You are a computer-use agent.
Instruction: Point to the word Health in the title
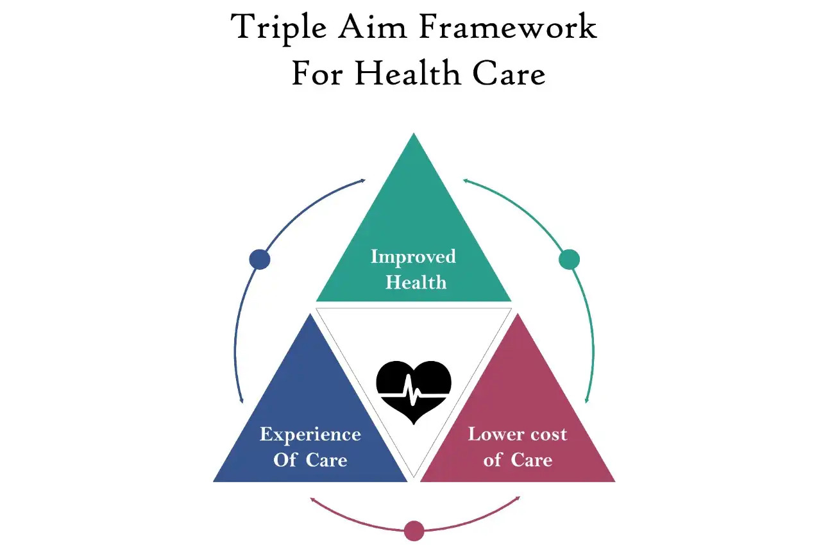407,72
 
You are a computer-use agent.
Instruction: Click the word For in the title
317,73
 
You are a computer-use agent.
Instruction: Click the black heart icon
414,392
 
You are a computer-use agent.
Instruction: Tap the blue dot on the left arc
260,259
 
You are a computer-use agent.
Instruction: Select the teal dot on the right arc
569,259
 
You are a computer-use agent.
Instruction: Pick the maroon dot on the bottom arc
414,530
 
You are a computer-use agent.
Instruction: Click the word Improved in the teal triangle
414,257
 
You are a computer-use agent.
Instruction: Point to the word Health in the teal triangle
416,282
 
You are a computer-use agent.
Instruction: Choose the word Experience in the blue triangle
310,435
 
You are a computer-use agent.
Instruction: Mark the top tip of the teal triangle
414,133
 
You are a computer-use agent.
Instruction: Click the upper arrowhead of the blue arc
363,180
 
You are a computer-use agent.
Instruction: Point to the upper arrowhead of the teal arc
466,180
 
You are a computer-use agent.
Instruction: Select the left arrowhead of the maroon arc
312,499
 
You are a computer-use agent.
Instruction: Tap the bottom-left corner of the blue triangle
214,482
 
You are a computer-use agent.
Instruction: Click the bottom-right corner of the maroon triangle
615,482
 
